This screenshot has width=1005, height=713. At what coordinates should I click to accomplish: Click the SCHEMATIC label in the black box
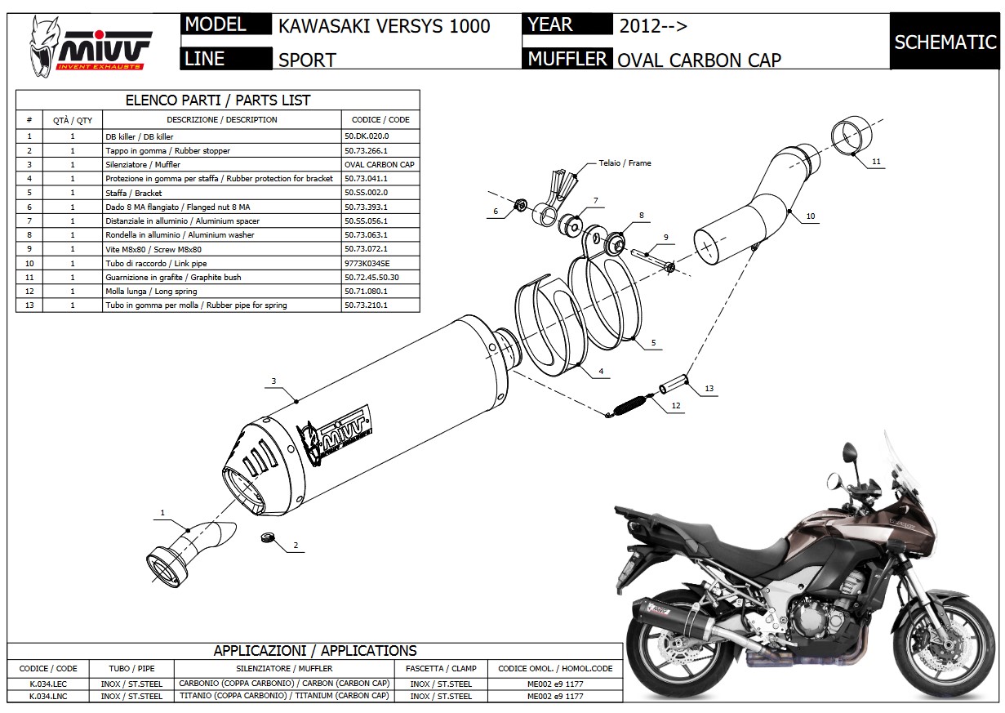tap(945, 42)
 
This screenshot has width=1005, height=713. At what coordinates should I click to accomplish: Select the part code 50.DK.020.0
tap(367, 137)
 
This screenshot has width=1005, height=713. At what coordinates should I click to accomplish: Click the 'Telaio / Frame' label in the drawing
tap(625, 163)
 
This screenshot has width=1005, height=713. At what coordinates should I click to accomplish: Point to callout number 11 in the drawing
tap(876, 162)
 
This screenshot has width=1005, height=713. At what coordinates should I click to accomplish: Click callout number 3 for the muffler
tap(274, 381)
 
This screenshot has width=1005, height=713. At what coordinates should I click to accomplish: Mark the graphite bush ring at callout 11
tap(852, 135)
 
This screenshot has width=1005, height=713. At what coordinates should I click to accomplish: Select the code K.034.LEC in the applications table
tap(48, 683)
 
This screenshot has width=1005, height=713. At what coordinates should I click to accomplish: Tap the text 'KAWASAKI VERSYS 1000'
tap(384, 26)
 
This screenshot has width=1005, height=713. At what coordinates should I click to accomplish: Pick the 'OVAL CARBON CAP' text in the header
tap(699, 59)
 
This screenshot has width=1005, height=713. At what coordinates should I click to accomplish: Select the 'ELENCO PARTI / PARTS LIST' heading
tap(217, 100)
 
